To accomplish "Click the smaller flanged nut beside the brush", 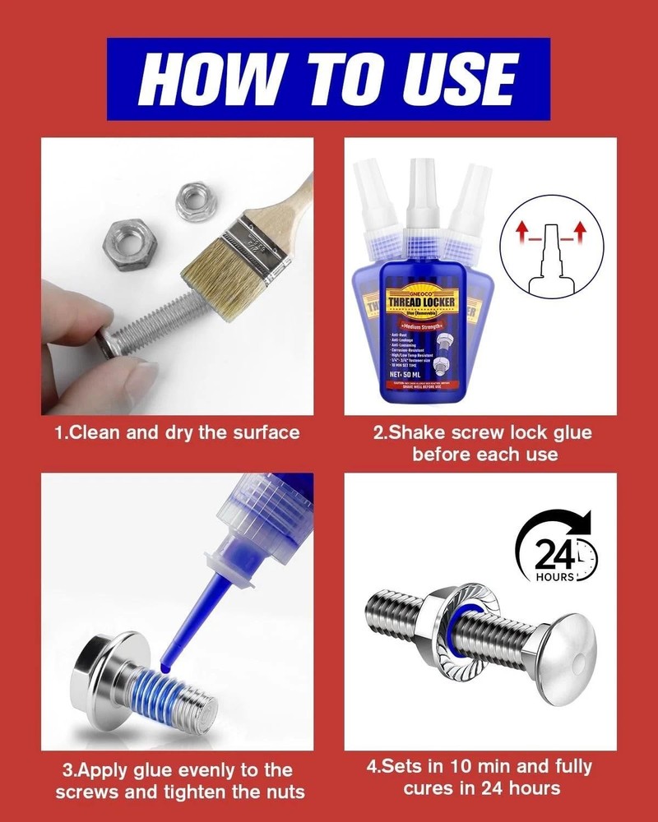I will click(x=196, y=199).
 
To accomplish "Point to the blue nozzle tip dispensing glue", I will click(x=183, y=625).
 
